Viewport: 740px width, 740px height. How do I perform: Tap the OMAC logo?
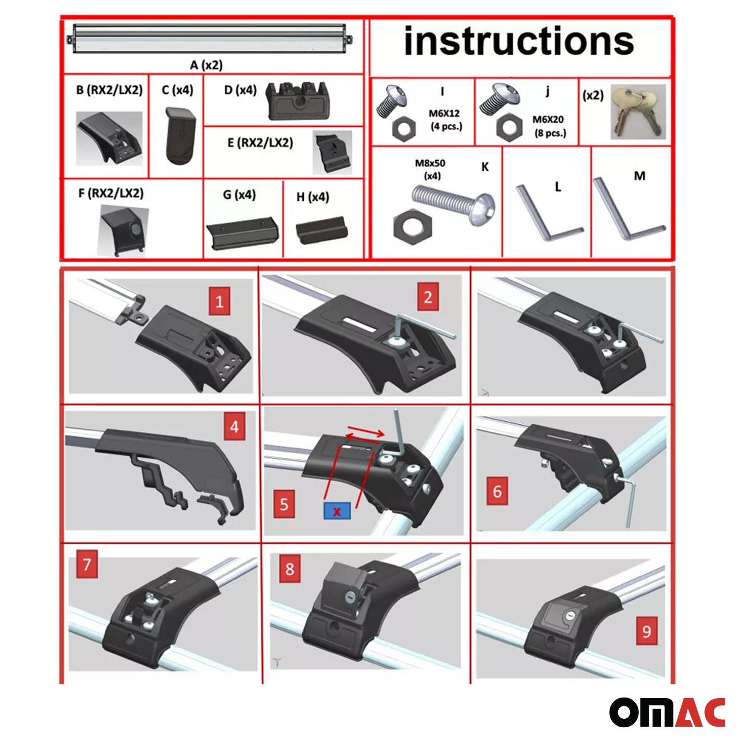coord(667,712)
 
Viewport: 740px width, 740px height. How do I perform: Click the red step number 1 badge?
coord(220,301)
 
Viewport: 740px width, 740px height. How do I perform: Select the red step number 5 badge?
coord(284,504)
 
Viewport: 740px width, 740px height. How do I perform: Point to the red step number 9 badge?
coord(647,631)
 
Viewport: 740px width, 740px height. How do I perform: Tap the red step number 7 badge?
coord(87,564)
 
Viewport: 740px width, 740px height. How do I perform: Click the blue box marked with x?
coord(337,511)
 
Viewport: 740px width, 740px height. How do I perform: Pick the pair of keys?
coord(637,111)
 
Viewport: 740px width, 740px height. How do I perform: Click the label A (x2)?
coord(206,65)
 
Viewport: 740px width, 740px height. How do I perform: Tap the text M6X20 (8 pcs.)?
coord(549,126)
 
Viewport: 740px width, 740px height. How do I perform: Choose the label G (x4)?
coord(239,195)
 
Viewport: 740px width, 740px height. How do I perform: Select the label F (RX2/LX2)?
coord(111,193)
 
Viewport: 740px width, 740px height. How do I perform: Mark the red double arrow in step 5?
coord(365,434)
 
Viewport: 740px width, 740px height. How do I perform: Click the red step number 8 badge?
coord(290,569)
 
